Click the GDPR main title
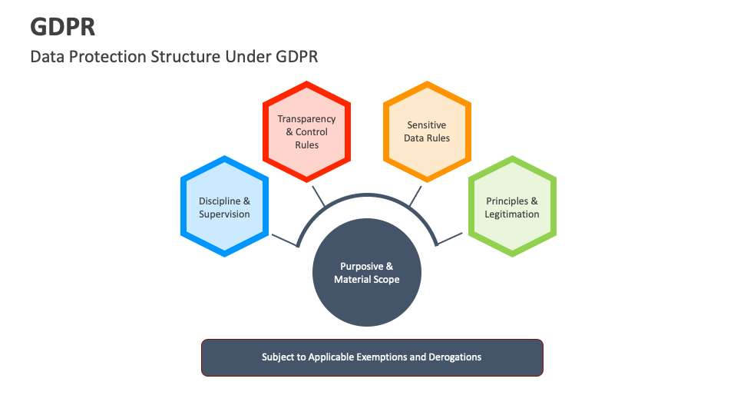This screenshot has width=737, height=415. point(63,26)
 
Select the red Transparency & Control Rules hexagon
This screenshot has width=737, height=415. point(307,132)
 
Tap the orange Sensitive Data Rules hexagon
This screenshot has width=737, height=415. point(427,131)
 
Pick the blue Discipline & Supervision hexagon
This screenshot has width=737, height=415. point(224,207)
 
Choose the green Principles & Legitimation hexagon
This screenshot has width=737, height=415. point(512,207)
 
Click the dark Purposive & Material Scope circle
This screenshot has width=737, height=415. point(367,273)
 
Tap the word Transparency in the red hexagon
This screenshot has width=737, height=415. point(307,119)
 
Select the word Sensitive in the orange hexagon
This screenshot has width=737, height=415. point(427,125)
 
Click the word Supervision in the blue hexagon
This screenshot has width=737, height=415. point(224,214)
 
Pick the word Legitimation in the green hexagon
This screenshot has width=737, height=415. point(512,214)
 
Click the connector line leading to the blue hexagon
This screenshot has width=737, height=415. point(284,240)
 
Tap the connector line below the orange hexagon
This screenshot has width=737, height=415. point(415,195)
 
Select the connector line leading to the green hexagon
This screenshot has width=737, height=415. point(451,240)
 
